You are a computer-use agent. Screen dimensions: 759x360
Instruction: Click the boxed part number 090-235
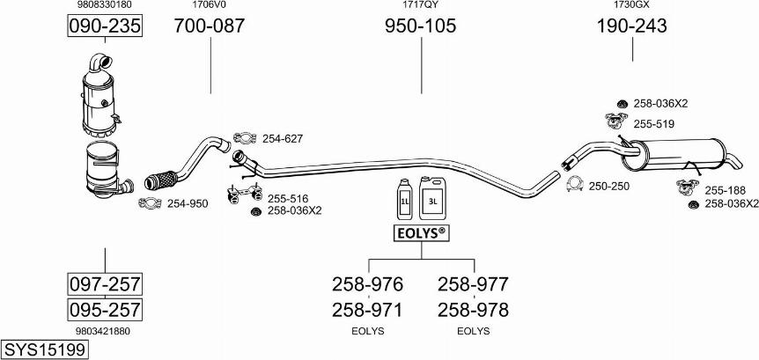105,26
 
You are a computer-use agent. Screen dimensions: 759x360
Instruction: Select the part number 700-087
210,26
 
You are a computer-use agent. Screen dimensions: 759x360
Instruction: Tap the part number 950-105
421,26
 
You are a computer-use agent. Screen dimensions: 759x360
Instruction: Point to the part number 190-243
631,26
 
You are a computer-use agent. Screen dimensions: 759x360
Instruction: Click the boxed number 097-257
105,284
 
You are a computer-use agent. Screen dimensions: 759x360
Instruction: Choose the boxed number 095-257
105,309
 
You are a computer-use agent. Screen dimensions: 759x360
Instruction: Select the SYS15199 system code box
45,349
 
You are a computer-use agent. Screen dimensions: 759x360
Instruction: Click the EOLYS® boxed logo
421,233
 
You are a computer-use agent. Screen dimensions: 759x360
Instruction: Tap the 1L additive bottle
404,199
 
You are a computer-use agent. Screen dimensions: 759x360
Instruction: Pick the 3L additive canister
432,198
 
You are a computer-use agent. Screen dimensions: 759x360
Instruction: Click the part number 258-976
367,284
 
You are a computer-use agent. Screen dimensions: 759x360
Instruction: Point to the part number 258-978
473,310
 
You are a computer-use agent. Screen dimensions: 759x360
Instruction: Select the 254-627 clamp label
283,139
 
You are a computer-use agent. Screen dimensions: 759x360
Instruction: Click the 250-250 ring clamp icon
575,184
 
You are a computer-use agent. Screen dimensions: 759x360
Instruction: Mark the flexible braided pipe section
161,180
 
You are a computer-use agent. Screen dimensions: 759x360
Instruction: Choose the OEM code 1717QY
421,4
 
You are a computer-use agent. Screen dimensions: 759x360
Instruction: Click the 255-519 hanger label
654,124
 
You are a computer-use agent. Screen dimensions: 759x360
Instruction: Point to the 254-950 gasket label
188,203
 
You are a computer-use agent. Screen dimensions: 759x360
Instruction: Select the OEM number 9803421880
103,331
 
